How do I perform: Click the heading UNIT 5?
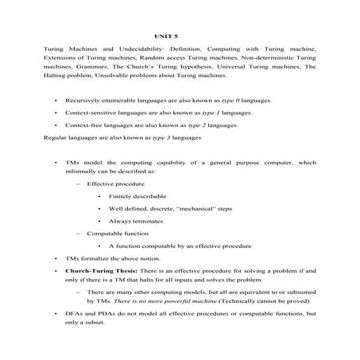tap(167, 36)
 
